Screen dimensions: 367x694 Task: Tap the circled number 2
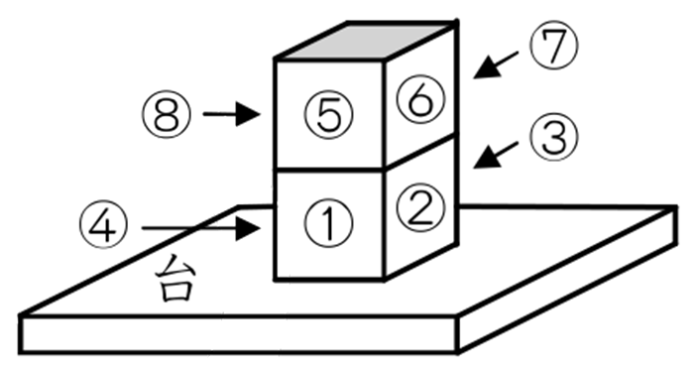click(416, 206)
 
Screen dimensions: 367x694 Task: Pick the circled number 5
click(328, 115)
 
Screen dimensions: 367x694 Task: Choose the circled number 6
click(416, 97)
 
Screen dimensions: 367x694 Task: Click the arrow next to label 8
click(230, 115)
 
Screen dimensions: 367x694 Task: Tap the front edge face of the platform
click(238, 335)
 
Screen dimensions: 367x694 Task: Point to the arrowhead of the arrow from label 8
click(252, 115)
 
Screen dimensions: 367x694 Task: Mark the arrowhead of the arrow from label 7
click(480, 71)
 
